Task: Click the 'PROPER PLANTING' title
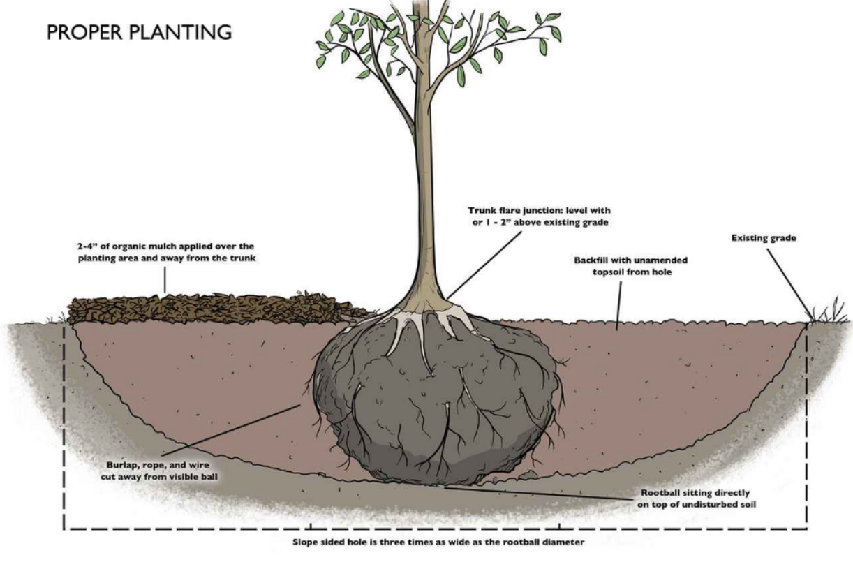coord(139,32)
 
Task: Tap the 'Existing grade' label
coord(764,238)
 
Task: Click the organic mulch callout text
coord(165,252)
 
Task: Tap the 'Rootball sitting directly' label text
coord(695,498)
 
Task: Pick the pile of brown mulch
coord(209,307)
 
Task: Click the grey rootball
coord(436,405)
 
